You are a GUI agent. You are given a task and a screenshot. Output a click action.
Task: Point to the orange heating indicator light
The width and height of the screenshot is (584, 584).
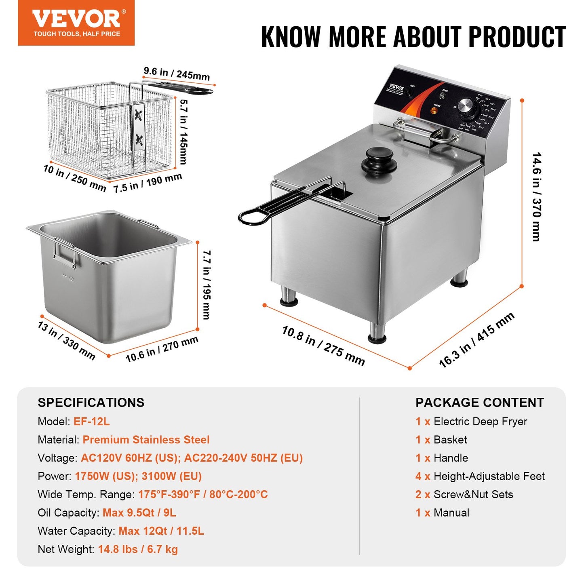coord(434,110)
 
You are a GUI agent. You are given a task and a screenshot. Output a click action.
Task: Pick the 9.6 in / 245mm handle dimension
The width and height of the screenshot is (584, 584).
coord(177,74)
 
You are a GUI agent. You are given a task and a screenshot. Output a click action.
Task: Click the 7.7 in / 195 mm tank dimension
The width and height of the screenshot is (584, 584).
coord(207,285)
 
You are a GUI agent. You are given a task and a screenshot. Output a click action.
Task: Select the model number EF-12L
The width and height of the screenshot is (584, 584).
coord(91,422)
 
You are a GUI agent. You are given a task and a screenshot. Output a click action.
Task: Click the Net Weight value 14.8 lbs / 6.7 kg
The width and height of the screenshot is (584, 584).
coord(138,549)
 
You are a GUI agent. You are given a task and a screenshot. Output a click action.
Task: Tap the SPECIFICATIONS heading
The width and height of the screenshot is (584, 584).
coord(91,403)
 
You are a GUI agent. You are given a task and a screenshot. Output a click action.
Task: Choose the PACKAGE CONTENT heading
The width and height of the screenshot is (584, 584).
coord(480,403)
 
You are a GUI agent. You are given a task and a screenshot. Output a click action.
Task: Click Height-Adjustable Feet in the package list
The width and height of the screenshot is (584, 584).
coord(489,476)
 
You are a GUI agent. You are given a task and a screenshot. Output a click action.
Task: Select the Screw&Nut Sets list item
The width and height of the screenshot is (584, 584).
coord(473,494)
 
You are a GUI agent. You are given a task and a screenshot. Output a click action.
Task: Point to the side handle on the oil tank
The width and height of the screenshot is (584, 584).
coord(64,253)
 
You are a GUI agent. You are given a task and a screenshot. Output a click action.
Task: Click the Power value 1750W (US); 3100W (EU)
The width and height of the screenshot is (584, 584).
coord(138,476)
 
